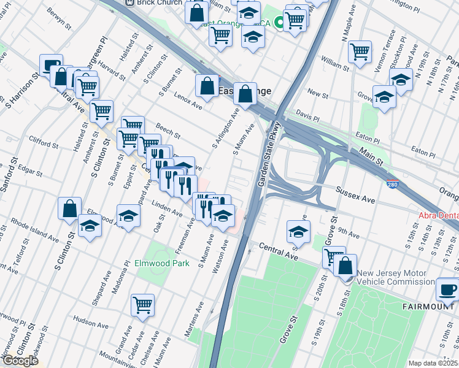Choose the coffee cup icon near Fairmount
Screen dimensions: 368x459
tap(447, 289)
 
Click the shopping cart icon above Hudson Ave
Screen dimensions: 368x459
tap(143, 304)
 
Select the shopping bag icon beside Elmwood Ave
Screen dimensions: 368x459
tap(70, 208)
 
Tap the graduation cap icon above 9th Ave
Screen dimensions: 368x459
tap(298, 231)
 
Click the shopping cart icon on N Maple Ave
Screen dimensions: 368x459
tap(360, 51)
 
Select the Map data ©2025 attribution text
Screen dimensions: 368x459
tap(433, 363)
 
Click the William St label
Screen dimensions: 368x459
tap(334, 63)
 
